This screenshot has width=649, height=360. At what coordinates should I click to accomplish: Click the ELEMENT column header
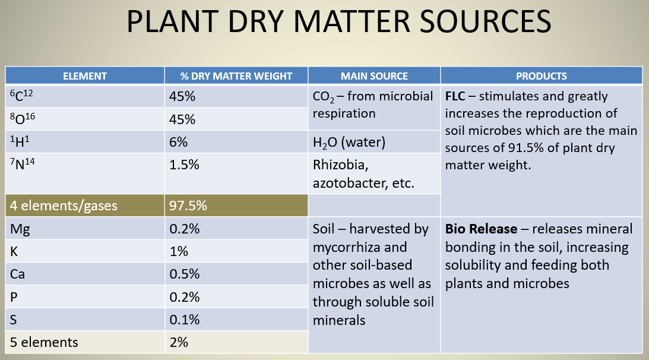[x=85, y=75]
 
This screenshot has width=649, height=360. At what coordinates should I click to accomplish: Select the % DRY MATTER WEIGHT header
[x=236, y=75]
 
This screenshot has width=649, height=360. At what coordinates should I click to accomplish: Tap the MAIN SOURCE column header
[x=374, y=75]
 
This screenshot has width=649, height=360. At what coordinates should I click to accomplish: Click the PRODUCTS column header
[x=541, y=75]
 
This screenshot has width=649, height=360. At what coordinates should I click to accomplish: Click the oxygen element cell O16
[x=24, y=119]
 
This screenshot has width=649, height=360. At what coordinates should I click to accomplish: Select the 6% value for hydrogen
[x=179, y=143]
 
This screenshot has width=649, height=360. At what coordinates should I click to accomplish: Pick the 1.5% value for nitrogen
[x=184, y=165]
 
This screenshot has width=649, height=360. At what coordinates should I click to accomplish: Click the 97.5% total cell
[x=188, y=206]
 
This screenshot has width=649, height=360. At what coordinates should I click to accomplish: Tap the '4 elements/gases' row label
[x=64, y=206]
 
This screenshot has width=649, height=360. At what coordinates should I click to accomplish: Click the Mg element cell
[x=18, y=229]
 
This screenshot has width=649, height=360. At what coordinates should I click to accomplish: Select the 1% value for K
[x=179, y=251]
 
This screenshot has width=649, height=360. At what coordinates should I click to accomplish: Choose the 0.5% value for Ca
[x=184, y=274]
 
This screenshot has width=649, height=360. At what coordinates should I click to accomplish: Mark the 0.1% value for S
[x=184, y=320]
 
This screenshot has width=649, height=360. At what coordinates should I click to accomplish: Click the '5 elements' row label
[x=45, y=342]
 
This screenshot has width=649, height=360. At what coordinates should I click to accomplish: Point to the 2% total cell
[x=179, y=342]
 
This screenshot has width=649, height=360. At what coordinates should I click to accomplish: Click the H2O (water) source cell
[x=349, y=143]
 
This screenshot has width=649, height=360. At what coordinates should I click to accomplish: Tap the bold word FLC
[x=455, y=96]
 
